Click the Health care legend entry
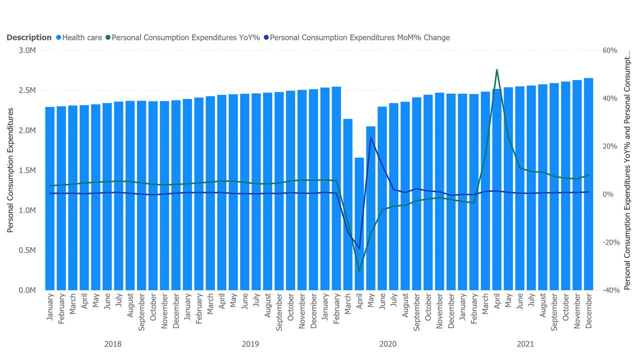tap(82, 37)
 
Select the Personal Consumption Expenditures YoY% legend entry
tap(185, 37)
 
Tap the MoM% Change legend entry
tap(359, 37)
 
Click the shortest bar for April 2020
tap(359, 225)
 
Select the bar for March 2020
tap(347, 205)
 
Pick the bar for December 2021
tap(588, 185)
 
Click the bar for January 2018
tap(50, 200)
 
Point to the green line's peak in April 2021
tap(497, 70)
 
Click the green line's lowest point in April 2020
tap(359, 271)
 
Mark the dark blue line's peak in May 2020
tap(370, 137)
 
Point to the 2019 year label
tap(250, 344)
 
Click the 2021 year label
tap(525, 344)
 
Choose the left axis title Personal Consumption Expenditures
tap(10, 170)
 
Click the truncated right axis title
tap(627, 170)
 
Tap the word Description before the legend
tap(29, 37)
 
